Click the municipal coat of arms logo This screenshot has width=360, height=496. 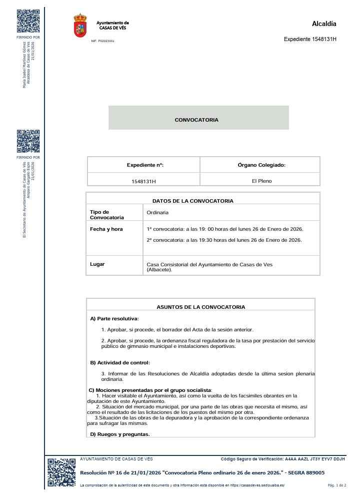(80, 26)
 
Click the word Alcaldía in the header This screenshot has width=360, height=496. (324, 24)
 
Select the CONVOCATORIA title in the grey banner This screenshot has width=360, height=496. (196, 120)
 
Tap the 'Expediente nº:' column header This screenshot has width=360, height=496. (145, 165)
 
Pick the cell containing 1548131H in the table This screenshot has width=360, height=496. (143, 181)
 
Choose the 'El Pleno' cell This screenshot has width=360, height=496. (261, 181)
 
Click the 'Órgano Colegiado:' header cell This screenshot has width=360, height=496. (261, 165)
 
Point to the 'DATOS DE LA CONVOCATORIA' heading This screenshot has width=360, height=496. (193, 201)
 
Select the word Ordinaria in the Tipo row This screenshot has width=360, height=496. (157, 213)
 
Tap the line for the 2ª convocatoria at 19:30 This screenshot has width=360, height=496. (224, 240)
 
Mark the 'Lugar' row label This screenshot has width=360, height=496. (97, 264)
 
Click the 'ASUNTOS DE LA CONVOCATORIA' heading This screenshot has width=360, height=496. (201, 307)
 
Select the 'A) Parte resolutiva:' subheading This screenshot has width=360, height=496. (114, 318)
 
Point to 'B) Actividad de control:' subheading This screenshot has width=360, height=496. (119, 362)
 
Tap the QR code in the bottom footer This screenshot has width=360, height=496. (61, 473)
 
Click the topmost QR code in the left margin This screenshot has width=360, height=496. (28, 21)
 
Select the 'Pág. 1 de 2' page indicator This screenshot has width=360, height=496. (336, 485)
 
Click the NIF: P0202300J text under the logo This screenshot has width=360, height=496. (102, 41)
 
